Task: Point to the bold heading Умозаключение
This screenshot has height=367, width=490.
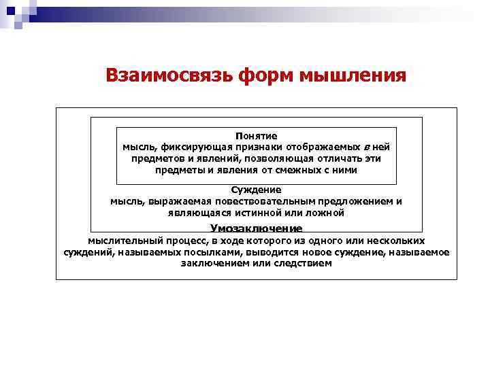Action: pyautogui.click(x=256, y=229)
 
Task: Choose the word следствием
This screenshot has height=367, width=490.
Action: pyautogui.click(x=304, y=263)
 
